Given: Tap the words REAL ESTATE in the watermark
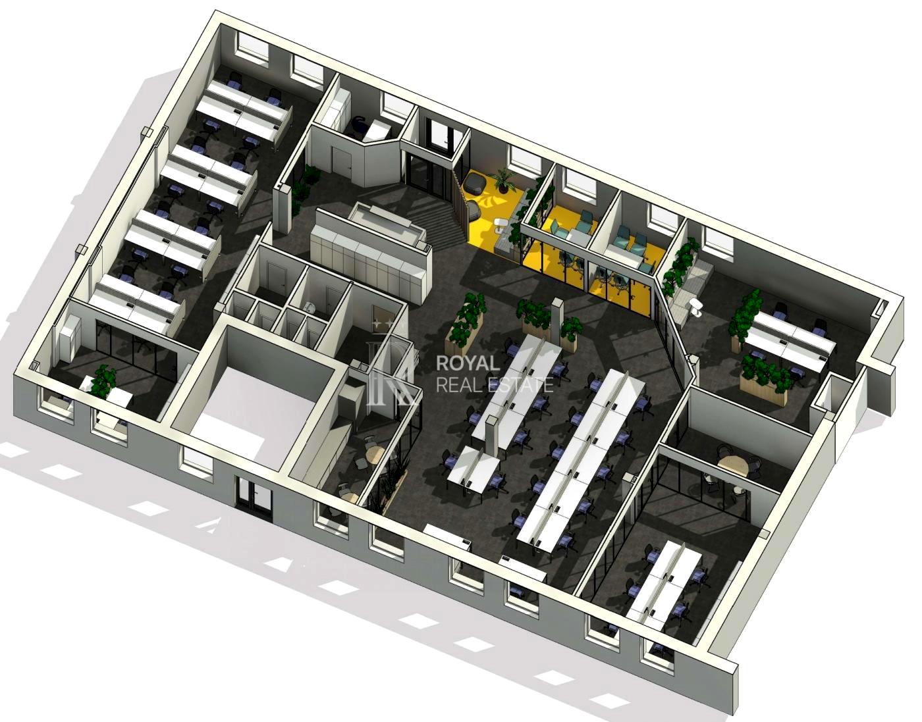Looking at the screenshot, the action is pyautogui.click(x=495, y=385).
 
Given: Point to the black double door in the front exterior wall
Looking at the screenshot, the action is pyautogui.click(x=254, y=495).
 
